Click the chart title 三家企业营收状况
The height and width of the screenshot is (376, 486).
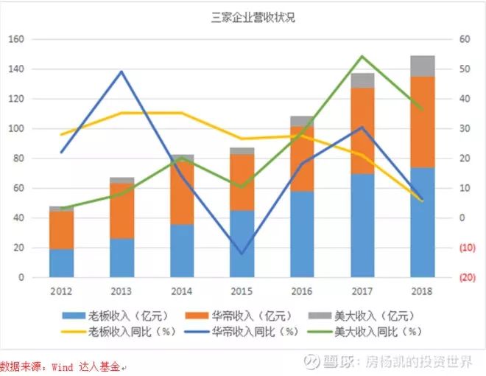coord(242,18)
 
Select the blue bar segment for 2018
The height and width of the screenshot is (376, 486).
coord(422,222)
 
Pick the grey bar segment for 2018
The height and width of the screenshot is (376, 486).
coord(422,66)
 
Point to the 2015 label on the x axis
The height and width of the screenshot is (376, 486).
coord(242,290)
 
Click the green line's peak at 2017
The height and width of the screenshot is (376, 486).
coord(362,56)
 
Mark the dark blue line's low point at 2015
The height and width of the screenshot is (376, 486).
coord(242,254)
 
